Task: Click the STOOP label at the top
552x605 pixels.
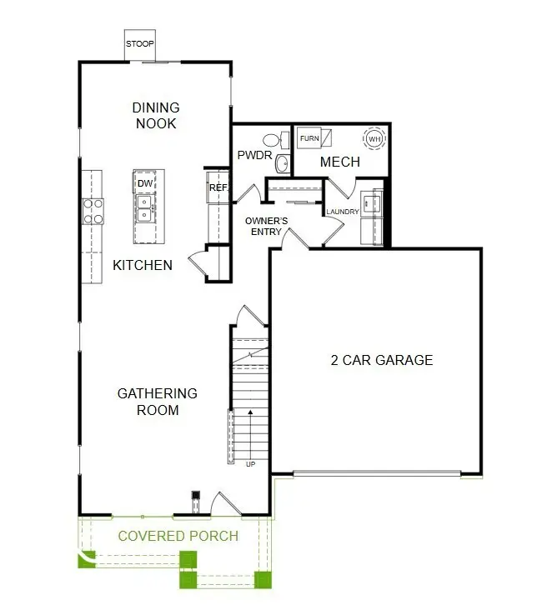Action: coord(139,43)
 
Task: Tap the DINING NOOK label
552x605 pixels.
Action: coord(155,115)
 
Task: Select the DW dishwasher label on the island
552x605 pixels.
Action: coord(145,183)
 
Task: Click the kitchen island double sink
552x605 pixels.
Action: coord(145,207)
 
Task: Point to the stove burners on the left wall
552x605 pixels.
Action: coord(92,211)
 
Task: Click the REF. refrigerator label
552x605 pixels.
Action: coord(218,188)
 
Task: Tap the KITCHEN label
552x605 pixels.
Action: coord(143,265)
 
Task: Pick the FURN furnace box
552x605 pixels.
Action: coord(309,138)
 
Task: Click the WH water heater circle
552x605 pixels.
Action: coord(374,138)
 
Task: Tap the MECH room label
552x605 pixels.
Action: coord(339,162)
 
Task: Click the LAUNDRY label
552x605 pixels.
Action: coord(343,212)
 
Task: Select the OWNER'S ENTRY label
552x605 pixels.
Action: coord(266,226)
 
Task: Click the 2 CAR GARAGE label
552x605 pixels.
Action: coord(382,360)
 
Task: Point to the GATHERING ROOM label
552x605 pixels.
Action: coord(157,401)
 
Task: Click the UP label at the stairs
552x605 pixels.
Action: coord(249,464)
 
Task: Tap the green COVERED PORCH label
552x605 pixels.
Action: coord(178,536)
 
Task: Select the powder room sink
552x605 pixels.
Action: coord(282,162)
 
